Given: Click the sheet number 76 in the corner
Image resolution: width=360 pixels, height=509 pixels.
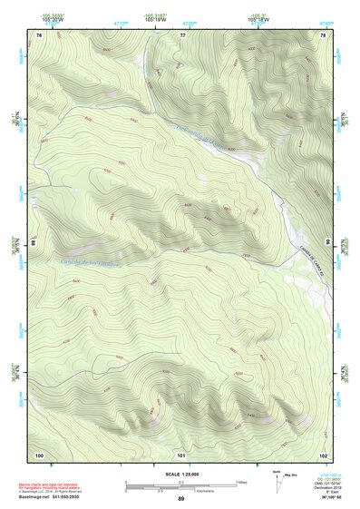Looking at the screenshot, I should [x=39, y=34].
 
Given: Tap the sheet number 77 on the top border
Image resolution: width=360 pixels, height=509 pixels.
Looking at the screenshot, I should [x=182, y=34].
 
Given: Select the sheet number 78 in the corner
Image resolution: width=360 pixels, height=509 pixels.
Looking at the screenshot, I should [x=322, y=34].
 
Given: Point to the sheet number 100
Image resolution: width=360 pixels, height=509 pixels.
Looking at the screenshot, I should [x=39, y=454].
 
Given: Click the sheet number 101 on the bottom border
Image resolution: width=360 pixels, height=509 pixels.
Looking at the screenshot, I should [x=181, y=454].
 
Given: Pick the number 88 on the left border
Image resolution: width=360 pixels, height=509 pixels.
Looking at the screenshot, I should [x=34, y=243].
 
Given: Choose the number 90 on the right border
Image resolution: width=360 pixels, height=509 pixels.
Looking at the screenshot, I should [x=326, y=243].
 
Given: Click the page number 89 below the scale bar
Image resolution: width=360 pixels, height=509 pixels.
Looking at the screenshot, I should [x=180, y=499].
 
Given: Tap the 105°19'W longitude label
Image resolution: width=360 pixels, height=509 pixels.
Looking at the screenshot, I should [x=155, y=16].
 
